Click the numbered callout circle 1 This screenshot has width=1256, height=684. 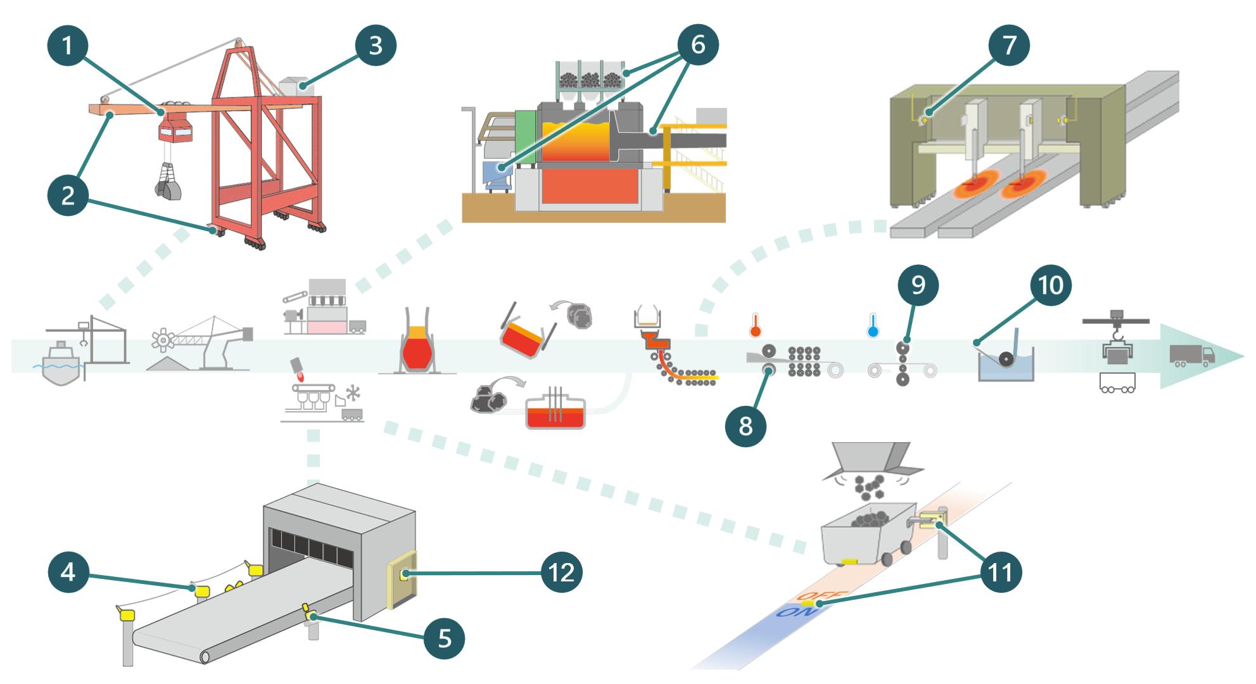tap(67, 46)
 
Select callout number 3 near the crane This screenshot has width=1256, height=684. tap(376, 46)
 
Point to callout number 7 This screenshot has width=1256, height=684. tap(1009, 45)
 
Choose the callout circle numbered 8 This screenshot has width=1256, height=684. tap(745, 426)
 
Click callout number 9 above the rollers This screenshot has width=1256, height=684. tap(918, 285)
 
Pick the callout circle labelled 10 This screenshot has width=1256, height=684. tap(1051, 285)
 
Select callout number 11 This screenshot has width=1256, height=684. tap(1001, 572)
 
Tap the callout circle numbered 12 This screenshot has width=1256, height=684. tap(561, 573)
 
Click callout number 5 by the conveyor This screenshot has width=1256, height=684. tap(444, 638)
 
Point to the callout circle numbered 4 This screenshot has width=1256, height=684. tap(68, 572)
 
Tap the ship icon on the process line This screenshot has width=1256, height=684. tap(61, 364)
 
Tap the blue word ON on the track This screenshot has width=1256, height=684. tap(792, 612)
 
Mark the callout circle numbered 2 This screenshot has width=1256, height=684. tap(67, 195)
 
